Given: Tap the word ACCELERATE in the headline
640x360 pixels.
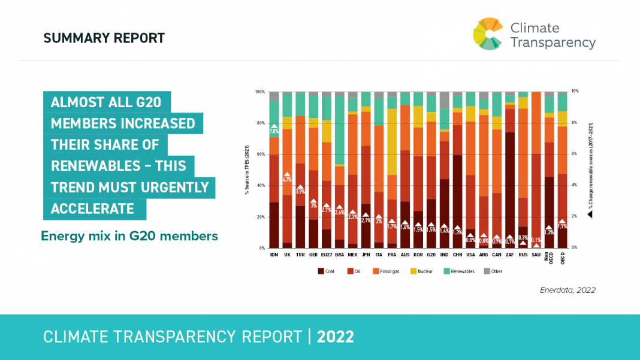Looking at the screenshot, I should click(x=92, y=208).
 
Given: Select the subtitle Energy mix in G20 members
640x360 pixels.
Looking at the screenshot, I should click(x=129, y=236).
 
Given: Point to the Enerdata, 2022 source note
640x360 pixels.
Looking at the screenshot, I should click(x=567, y=290).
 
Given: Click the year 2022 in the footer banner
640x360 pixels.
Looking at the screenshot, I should click(x=336, y=337).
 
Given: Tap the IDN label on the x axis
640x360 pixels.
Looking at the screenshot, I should click(x=274, y=255).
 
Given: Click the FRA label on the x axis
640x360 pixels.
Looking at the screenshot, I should click(x=392, y=255).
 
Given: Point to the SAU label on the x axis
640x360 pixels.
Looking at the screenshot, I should click(x=536, y=255).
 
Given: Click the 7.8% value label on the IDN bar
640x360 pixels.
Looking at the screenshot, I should click(x=274, y=131).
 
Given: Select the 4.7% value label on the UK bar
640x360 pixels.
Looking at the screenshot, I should click(x=287, y=179).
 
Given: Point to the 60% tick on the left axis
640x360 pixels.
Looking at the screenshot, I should click(x=260, y=155).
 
